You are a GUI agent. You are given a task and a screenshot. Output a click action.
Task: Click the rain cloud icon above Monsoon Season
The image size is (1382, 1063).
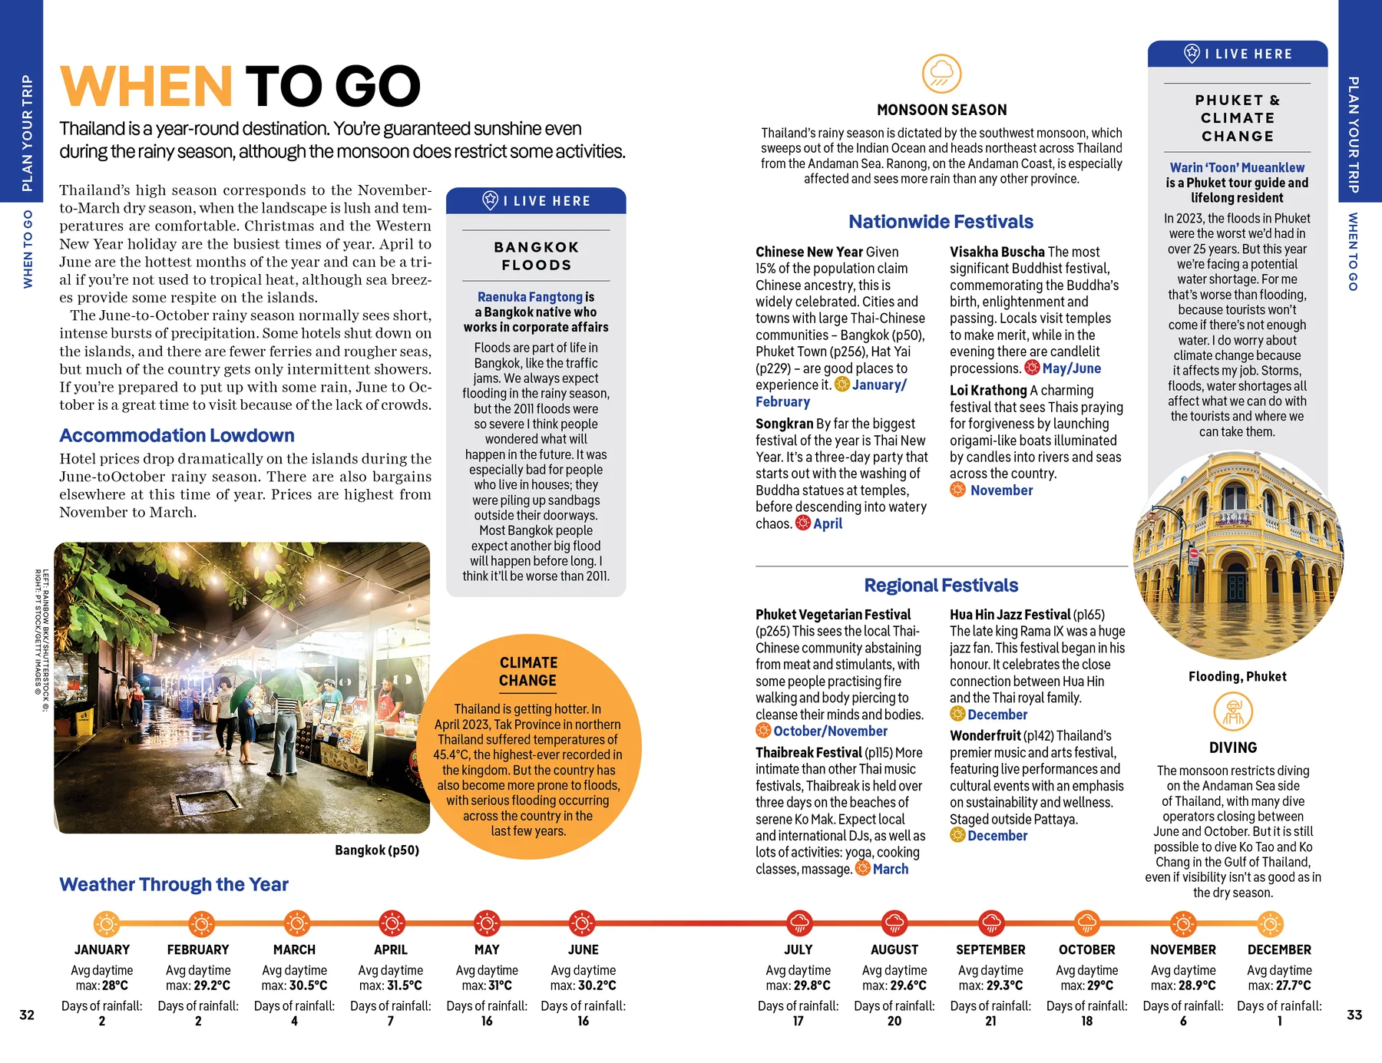[x=941, y=74]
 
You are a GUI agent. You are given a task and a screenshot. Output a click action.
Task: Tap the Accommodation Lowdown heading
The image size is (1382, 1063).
[x=177, y=435]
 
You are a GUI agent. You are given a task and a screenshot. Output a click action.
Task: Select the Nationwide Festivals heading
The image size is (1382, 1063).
[x=941, y=222]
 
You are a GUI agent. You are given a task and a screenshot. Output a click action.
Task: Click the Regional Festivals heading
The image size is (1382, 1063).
[x=941, y=586]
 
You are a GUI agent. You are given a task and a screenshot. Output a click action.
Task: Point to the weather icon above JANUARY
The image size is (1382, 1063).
[x=106, y=923]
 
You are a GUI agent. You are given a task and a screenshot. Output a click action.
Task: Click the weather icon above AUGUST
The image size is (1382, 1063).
[x=894, y=923]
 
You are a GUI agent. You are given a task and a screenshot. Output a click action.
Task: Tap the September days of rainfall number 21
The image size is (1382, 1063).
[x=990, y=1021]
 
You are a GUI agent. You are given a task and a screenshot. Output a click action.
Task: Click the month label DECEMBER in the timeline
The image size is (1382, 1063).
[x=1279, y=949]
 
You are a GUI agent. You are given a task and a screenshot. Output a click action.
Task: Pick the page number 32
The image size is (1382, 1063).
[x=27, y=1015]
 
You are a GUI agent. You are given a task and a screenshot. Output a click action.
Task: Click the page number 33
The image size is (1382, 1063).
[x=1354, y=1015]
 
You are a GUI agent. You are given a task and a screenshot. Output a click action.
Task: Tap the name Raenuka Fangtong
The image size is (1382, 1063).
[x=530, y=297]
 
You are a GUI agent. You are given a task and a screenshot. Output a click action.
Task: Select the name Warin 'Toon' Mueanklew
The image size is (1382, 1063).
[x=1237, y=167]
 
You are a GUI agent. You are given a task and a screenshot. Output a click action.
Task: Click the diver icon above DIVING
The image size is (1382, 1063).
[x=1233, y=711]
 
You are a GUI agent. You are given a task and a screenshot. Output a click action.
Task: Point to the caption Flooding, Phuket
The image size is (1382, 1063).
[x=1237, y=676]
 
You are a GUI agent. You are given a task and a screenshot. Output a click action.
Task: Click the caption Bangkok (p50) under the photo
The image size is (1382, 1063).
[x=377, y=850]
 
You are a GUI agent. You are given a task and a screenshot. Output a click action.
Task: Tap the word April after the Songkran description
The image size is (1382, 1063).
[x=828, y=523]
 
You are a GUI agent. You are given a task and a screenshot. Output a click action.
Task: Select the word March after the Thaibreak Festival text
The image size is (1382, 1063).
[x=890, y=869]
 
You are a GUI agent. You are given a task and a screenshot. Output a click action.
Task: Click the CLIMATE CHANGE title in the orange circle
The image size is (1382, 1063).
[x=528, y=672]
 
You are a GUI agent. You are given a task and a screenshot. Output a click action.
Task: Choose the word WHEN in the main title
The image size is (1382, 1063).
[x=146, y=86]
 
